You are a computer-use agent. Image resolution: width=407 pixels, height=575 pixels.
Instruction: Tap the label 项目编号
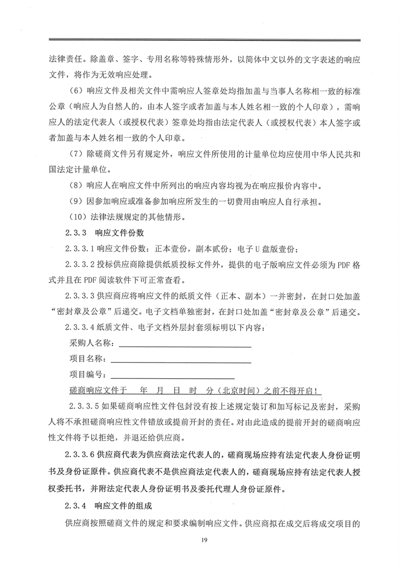click(86, 375)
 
